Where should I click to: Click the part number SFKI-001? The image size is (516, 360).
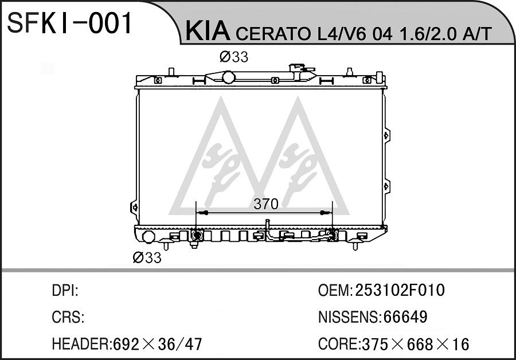[x=69, y=23]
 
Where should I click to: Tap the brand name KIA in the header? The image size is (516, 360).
[x=208, y=30]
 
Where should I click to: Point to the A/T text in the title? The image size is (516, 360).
[x=477, y=33]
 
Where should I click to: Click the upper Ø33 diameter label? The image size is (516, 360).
[x=234, y=57]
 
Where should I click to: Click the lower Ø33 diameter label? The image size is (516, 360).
[x=147, y=257]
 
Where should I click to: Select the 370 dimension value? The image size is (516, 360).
[x=266, y=204]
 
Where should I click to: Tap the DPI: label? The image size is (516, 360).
[x=65, y=291]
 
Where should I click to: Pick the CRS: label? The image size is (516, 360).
[x=68, y=317]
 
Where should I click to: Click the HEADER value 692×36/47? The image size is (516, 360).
[x=157, y=344]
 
